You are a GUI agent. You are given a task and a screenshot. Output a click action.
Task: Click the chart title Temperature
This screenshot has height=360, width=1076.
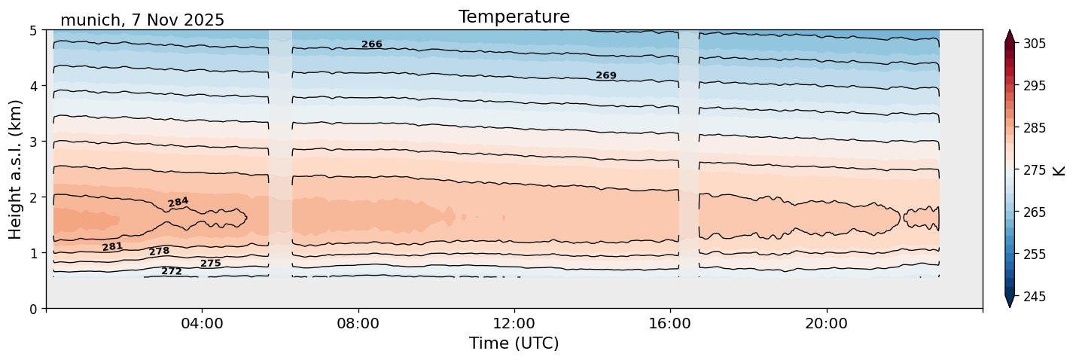514,17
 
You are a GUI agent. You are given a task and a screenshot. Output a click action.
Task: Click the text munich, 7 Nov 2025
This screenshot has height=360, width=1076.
142,20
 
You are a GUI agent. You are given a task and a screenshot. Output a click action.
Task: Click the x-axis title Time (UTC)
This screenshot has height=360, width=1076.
514,343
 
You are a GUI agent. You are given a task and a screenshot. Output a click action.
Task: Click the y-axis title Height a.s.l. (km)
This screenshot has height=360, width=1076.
17,169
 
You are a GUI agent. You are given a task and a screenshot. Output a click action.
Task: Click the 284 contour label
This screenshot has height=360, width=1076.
178,202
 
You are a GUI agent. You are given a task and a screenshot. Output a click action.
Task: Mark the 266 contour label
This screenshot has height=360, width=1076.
372,44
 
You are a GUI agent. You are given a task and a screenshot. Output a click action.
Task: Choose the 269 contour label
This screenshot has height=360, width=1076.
606,75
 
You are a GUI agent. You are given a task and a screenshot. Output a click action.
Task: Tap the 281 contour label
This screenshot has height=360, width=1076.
112,246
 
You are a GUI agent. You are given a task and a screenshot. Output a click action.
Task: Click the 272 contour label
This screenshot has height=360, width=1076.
172,271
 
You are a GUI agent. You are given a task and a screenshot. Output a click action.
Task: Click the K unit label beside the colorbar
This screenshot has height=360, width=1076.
1059,170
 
